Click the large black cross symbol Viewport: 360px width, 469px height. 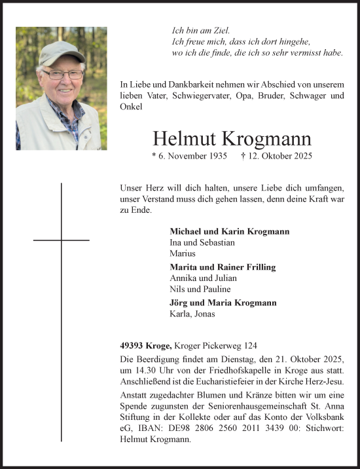62,240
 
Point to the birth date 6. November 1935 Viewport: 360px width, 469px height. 189,157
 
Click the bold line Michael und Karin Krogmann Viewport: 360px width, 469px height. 229,232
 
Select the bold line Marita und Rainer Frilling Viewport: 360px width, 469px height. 223,267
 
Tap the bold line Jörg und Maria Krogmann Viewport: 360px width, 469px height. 223,303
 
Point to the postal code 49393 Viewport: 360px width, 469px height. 132,346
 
